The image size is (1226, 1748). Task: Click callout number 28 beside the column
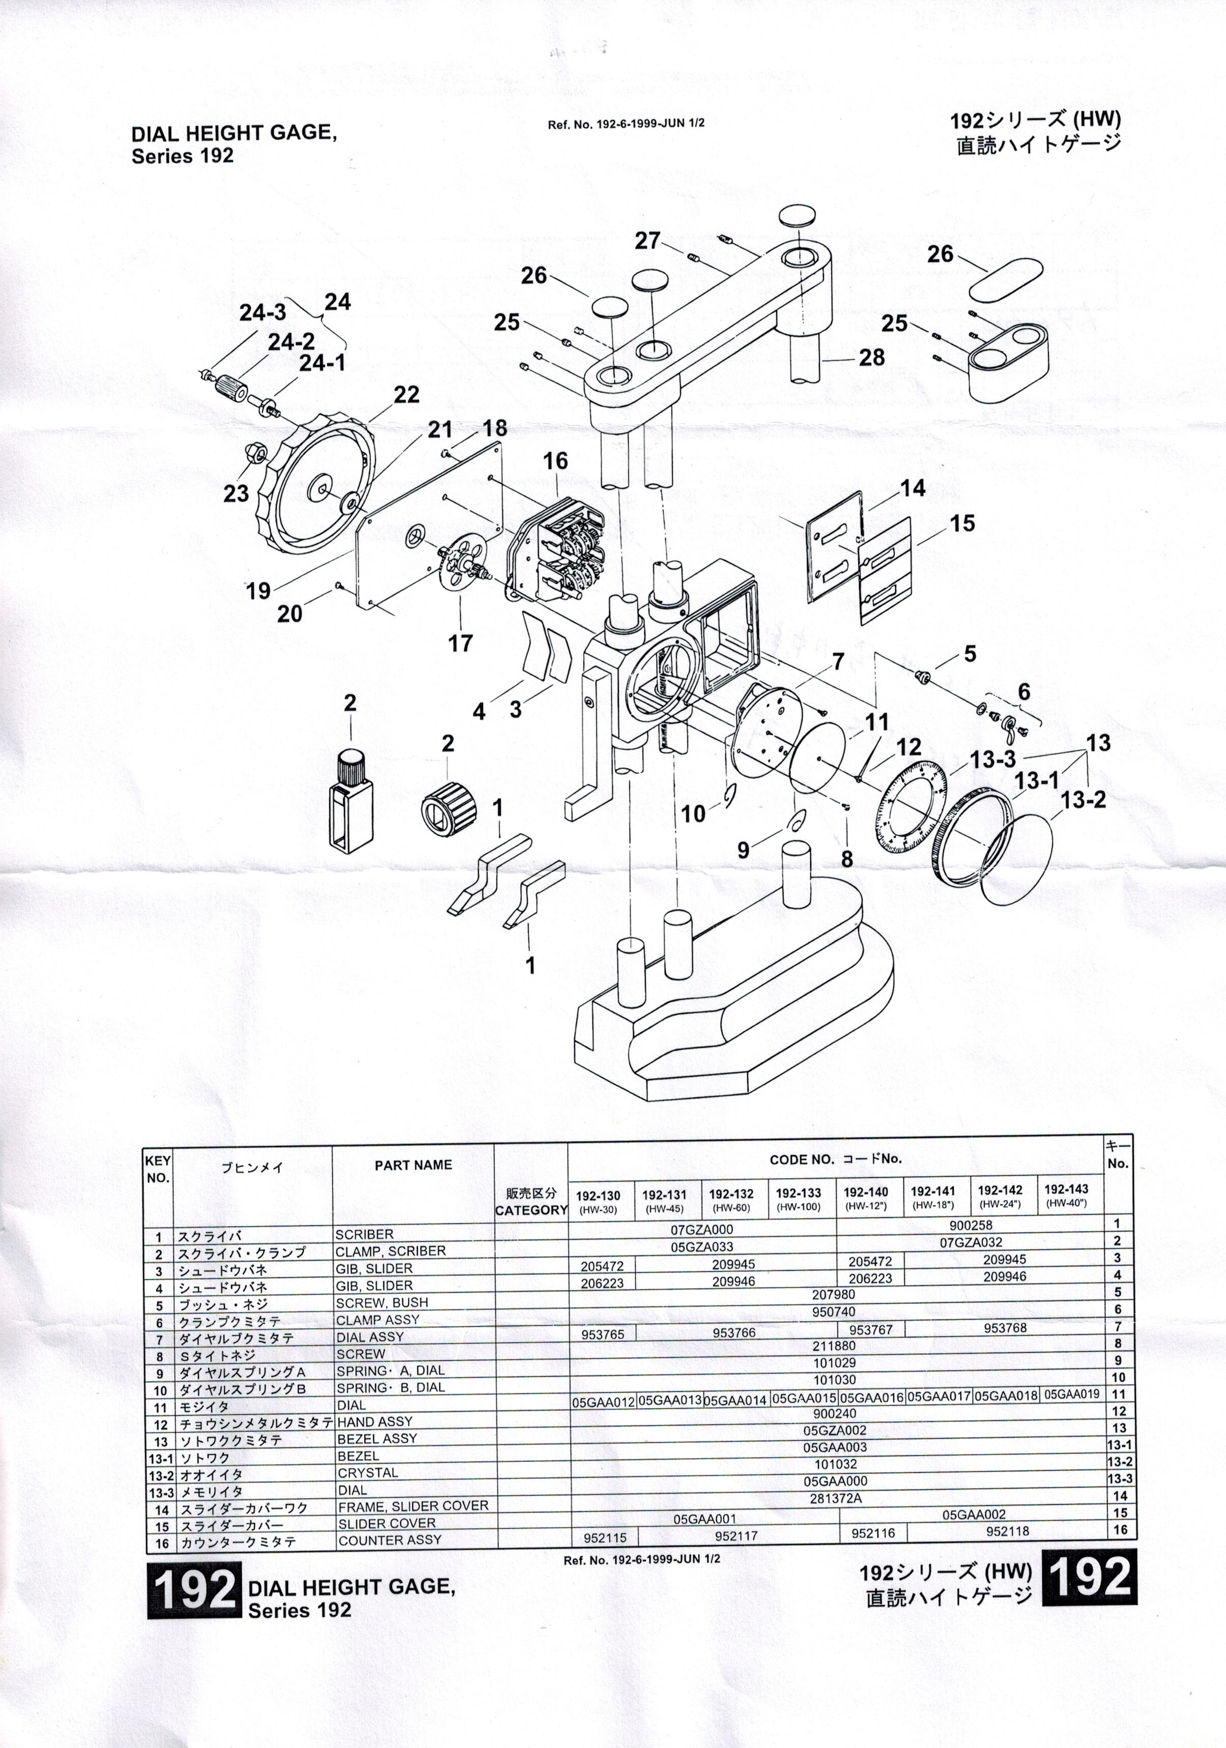871,357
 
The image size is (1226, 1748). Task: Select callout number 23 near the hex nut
236,493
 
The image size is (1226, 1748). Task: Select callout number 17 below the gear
460,644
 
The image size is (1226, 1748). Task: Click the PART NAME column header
413,1165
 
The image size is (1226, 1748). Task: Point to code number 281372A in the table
835,1498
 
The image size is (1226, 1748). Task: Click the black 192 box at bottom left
194,1590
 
